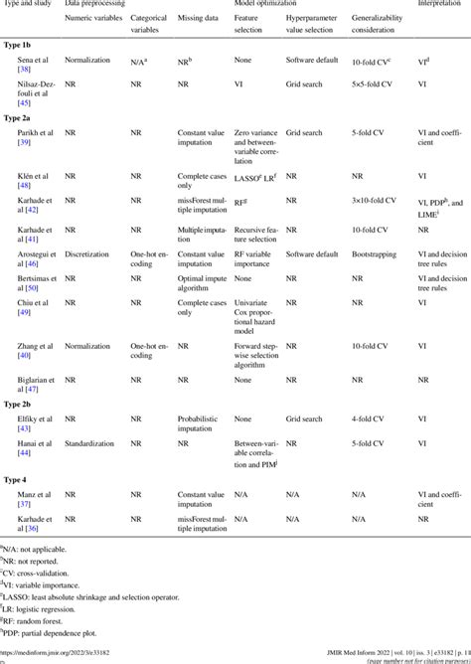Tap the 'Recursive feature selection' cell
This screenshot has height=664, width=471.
click(x=261, y=234)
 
